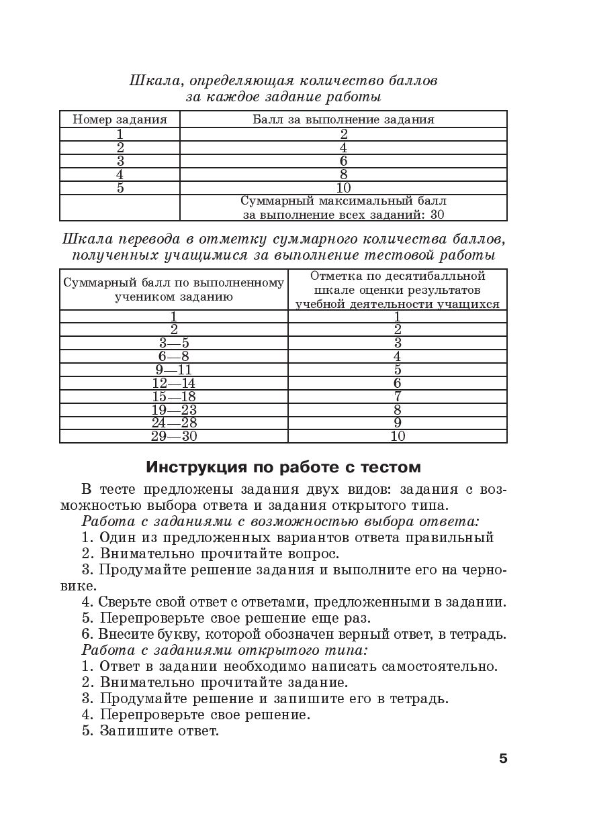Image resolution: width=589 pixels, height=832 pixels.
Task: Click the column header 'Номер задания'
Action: pos(120,119)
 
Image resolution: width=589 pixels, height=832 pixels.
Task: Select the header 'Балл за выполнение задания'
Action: pos(343,119)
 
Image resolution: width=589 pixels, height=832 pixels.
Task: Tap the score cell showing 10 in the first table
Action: pos(343,188)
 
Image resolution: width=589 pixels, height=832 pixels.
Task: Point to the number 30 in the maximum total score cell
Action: pos(437,215)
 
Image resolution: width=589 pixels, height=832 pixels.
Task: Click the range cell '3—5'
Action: pos(173,343)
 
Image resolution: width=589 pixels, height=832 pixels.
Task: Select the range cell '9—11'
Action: pos(173,370)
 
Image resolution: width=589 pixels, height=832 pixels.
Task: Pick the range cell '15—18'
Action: pos(173,397)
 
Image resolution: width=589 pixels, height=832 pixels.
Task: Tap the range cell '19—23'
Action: pos(173,410)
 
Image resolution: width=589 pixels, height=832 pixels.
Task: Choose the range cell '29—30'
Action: pos(173,436)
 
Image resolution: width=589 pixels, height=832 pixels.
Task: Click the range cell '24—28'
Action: pos(173,423)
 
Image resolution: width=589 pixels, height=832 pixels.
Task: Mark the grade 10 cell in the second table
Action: pos(398,436)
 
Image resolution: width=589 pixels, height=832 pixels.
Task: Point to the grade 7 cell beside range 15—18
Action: pos(398,397)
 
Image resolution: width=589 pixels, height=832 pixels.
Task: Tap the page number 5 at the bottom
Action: pos(503,759)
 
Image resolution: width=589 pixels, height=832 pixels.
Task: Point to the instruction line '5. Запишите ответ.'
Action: pos(150,731)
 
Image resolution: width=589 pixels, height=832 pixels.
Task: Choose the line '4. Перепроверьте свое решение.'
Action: pos(196,715)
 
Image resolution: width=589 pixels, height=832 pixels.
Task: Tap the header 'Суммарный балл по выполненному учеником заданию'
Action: pos(173,289)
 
